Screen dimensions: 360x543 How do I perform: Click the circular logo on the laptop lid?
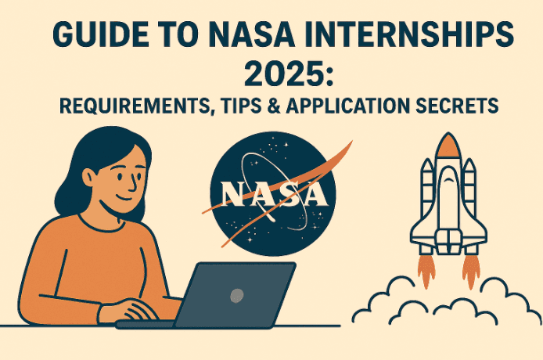[x=236, y=295]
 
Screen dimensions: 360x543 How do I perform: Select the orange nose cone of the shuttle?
[x=447, y=146]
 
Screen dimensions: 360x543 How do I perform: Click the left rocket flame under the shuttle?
[x=427, y=270]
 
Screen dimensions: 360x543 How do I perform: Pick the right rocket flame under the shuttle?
[x=470, y=270]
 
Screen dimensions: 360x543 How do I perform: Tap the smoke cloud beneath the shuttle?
[x=446, y=309]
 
